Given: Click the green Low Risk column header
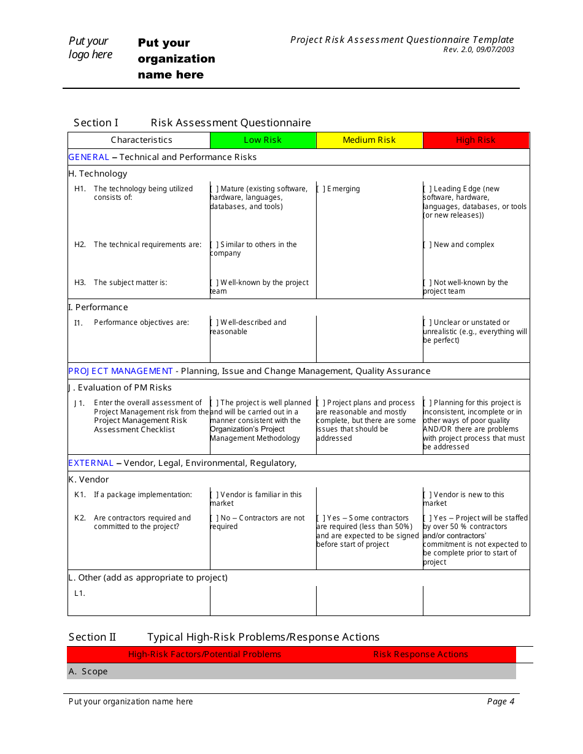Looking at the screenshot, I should tap(263, 140).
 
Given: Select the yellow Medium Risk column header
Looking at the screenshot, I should tap(369, 140).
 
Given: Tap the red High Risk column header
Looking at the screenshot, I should tap(476, 140).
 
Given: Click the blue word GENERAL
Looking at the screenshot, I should tap(89, 158).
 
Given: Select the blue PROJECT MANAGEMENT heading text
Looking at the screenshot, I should tap(120, 371).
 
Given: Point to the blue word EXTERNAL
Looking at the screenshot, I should tap(91, 463).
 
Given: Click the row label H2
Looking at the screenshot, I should tap(80, 245).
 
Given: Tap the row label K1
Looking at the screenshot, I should tap(80, 495).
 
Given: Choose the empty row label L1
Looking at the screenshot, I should tap(80, 593).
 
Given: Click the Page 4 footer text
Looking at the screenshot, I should tap(500, 702).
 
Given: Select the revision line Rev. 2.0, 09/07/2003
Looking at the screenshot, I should tap(479, 50).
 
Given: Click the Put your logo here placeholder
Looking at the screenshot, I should tap(90, 48).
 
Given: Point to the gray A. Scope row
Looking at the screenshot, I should tap(291, 672).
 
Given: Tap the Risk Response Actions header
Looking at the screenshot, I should tap(420, 655).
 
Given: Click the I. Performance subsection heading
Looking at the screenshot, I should tap(98, 308).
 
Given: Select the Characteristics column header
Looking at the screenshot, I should tap(141, 140).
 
